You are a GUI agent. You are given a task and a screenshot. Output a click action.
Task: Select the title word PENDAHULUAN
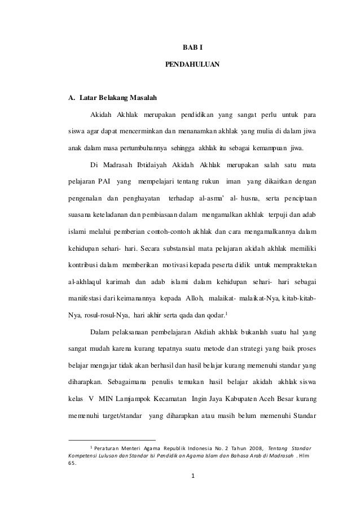192,67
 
